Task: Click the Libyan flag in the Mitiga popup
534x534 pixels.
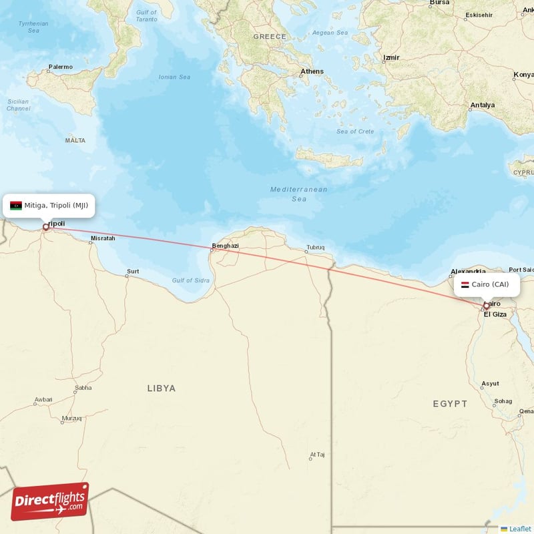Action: (x=16, y=206)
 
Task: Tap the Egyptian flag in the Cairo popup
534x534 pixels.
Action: (x=465, y=284)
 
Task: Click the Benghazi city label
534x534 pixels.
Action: (x=225, y=246)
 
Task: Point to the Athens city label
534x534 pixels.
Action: (x=312, y=71)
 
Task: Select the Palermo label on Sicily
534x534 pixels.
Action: (x=60, y=67)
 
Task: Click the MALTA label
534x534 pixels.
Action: (x=75, y=140)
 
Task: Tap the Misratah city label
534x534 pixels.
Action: (x=103, y=238)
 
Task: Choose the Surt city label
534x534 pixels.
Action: (x=133, y=272)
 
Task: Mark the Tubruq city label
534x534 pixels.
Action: (x=315, y=248)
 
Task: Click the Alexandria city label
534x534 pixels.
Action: (x=469, y=272)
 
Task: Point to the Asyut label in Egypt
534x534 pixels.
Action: (x=490, y=384)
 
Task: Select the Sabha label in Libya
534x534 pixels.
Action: (x=83, y=387)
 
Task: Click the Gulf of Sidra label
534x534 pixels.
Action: (x=190, y=280)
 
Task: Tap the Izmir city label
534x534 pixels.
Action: (x=390, y=58)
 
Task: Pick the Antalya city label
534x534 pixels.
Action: (x=483, y=105)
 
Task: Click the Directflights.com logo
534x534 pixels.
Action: (x=50, y=501)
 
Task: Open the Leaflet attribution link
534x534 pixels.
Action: (x=519, y=529)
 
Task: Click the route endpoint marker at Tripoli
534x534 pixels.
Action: (x=46, y=227)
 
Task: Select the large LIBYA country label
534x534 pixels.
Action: (x=162, y=388)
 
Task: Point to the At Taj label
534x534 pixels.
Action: (x=317, y=455)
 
